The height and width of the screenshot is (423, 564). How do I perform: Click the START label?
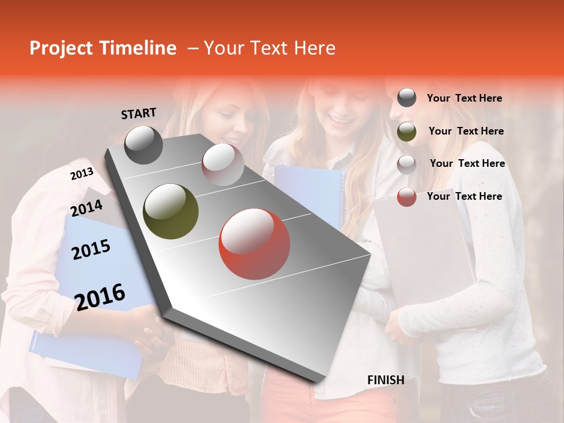(x=139, y=113)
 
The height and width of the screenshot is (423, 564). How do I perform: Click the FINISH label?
(x=386, y=380)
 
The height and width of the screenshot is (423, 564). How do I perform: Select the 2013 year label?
(x=82, y=174)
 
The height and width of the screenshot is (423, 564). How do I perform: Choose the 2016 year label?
(x=100, y=297)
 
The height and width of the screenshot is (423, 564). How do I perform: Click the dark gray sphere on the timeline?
(x=143, y=145)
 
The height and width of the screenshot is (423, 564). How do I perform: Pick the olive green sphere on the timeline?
(x=171, y=211)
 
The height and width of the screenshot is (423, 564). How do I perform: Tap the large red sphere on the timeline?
(x=254, y=244)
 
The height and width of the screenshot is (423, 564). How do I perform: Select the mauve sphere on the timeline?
(x=223, y=164)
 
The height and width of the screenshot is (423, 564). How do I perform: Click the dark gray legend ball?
(x=407, y=98)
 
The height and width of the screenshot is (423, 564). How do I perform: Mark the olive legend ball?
(x=407, y=132)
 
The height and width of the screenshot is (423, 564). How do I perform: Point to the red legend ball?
(x=407, y=197)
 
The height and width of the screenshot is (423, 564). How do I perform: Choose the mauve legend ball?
(x=407, y=164)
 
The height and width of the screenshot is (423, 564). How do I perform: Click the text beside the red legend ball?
(x=464, y=196)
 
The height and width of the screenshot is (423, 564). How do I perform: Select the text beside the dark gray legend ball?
(x=464, y=98)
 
